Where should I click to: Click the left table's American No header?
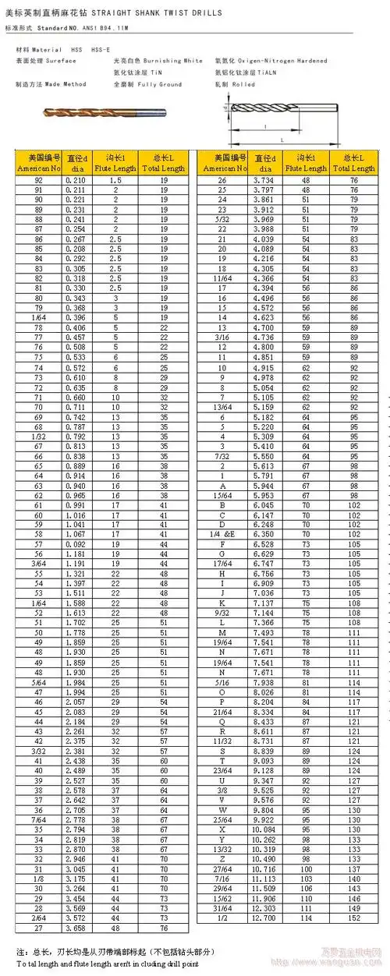(39, 168)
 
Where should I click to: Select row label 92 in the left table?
(39, 179)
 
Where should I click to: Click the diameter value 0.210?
(76, 179)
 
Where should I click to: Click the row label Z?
(222, 858)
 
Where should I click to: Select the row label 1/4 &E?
(222, 534)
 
